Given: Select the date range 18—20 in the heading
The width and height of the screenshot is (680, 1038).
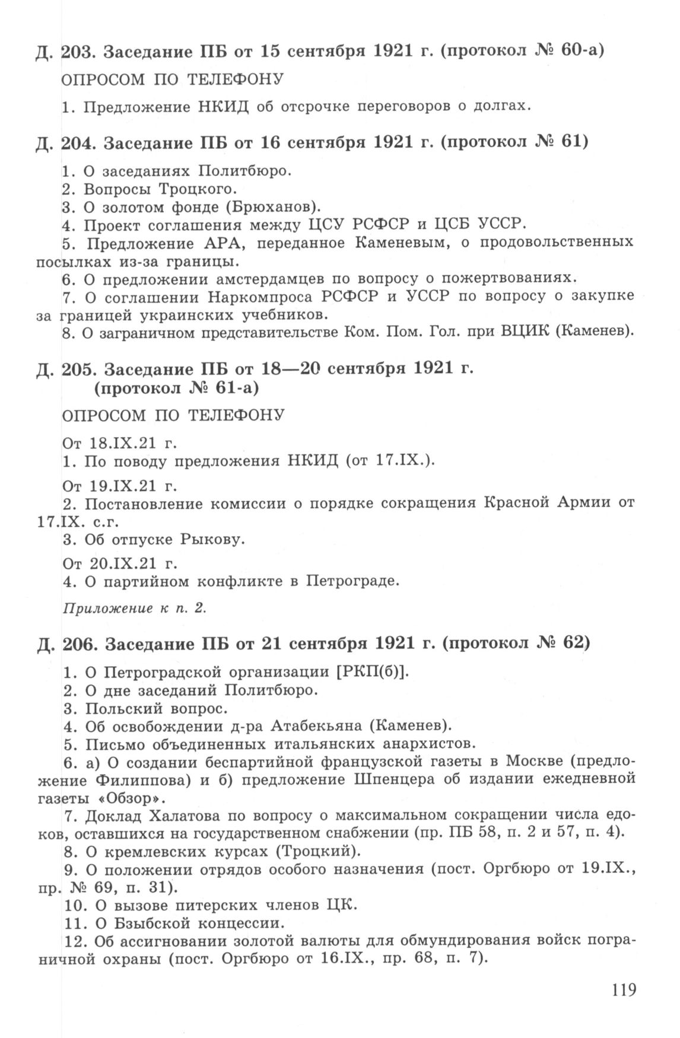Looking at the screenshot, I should coord(290,370).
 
